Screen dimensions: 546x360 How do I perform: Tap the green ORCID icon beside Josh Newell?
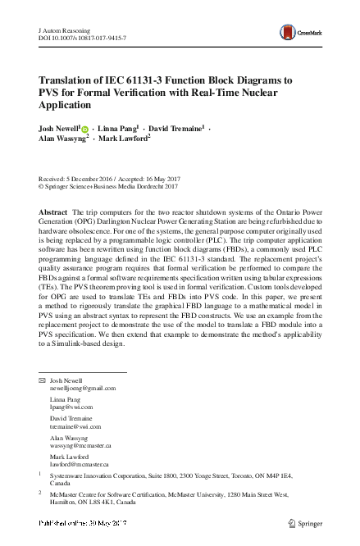coord(85,130)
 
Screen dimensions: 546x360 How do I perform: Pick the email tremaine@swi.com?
coord(75,426)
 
